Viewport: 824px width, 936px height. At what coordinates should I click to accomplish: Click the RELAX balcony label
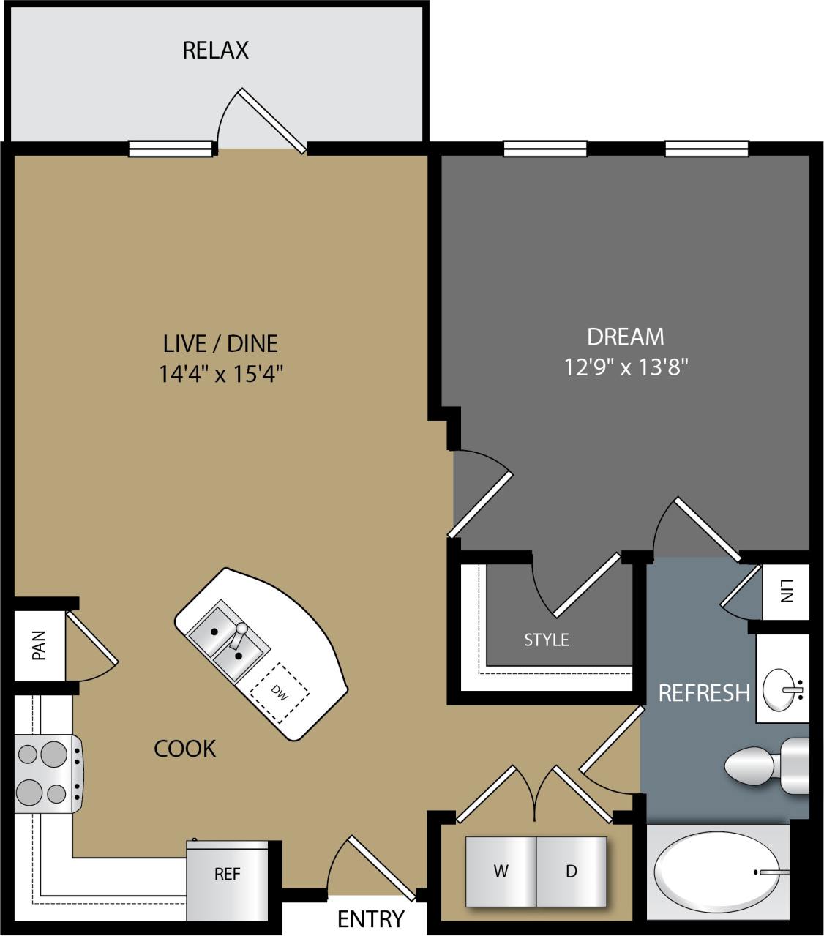(x=215, y=50)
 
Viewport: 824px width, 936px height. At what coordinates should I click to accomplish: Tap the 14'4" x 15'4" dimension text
(x=221, y=374)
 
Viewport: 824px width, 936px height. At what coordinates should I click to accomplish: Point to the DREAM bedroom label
(x=626, y=337)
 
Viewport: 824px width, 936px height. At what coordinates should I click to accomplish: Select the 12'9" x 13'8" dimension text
(x=626, y=367)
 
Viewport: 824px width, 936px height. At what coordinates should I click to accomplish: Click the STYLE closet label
(x=546, y=640)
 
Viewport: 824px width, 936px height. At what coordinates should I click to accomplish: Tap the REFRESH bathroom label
(x=703, y=692)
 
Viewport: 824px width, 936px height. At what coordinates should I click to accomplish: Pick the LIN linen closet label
(x=787, y=591)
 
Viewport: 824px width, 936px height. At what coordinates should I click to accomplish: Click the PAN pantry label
(x=39, y=645)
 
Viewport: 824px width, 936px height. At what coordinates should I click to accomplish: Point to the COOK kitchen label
(x=184, y=749)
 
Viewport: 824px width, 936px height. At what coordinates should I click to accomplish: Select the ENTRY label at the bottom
(x=370, y=918)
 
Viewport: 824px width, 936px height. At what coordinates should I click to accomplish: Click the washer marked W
(x=501, y=871)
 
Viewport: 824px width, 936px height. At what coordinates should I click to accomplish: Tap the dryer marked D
(x=572, y=871)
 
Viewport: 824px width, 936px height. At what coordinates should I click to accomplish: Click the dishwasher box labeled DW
(x=279, y=690)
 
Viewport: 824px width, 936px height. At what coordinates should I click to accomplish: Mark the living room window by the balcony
(x=171, y=149)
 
